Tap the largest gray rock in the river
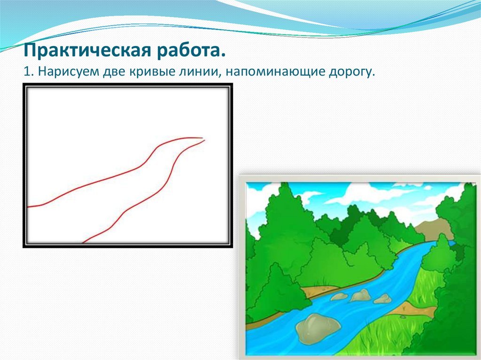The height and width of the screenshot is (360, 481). coord(318,328)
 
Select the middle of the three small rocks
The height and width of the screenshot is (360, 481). coord(360,295)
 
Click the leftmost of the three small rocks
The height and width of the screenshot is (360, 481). coord(339,297)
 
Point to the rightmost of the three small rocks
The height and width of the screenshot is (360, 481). coord(383,299)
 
